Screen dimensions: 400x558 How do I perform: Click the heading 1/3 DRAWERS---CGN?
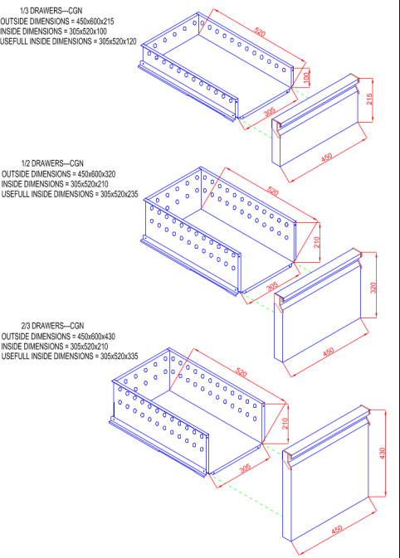tap(51, 11)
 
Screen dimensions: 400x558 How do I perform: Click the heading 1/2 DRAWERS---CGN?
tap(52, 163)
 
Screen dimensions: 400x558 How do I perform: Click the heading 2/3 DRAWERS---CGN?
tap(52, 326)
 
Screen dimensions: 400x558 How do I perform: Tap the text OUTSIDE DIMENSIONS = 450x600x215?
tap(57, 22)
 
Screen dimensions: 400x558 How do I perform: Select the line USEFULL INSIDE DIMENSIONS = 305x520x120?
tap(68, 41)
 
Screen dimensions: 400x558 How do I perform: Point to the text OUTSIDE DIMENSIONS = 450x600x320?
tap(58, 174)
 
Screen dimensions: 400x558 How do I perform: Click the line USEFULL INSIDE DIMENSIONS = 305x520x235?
tap(70, 194)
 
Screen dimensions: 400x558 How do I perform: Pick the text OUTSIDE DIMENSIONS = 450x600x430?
tap(58, 337)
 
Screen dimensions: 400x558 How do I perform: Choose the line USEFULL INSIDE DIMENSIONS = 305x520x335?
tap(70, 357)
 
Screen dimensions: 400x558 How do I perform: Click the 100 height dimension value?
tap(306, 78)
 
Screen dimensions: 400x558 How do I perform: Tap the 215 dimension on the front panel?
tap(369, 99)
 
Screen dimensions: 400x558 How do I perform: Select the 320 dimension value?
tap(373, 288)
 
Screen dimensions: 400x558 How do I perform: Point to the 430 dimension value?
tap(382, 453)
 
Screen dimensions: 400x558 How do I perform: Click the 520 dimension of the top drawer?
tap(260, 32)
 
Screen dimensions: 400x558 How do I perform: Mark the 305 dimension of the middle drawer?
tap(272, 287)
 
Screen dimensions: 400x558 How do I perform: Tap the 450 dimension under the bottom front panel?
tap(337, 530)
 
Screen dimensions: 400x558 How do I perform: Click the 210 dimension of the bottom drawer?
tap(285, 424)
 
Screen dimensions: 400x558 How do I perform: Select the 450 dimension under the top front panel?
tap(327, 158)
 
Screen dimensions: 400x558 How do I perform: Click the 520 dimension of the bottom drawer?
tap(241, 372)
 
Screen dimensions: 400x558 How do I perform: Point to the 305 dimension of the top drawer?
tap(270, 112)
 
